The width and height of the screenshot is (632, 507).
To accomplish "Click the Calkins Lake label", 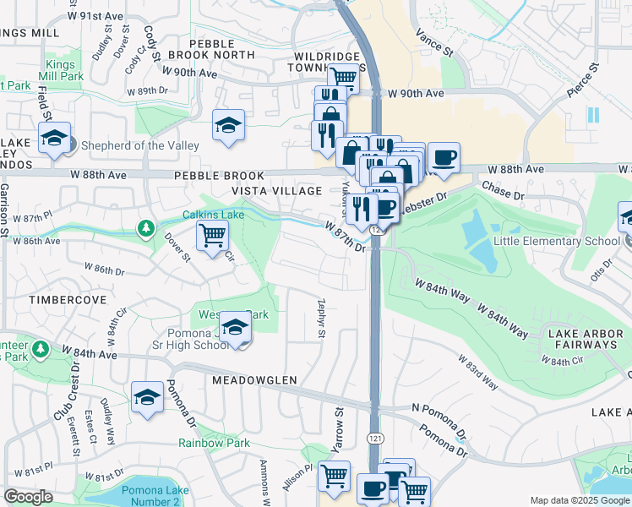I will click(x=214, y=215).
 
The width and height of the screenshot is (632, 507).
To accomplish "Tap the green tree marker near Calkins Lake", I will click(x=147, y=228).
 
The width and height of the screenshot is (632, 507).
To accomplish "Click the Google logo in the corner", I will click(x=28, y=497).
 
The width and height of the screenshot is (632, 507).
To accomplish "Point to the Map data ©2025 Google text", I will click(x=579, y=500).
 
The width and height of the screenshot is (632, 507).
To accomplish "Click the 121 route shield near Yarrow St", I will click(x=373, y=437).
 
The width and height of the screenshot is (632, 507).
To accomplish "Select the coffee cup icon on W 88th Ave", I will click(x=444, y=156).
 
